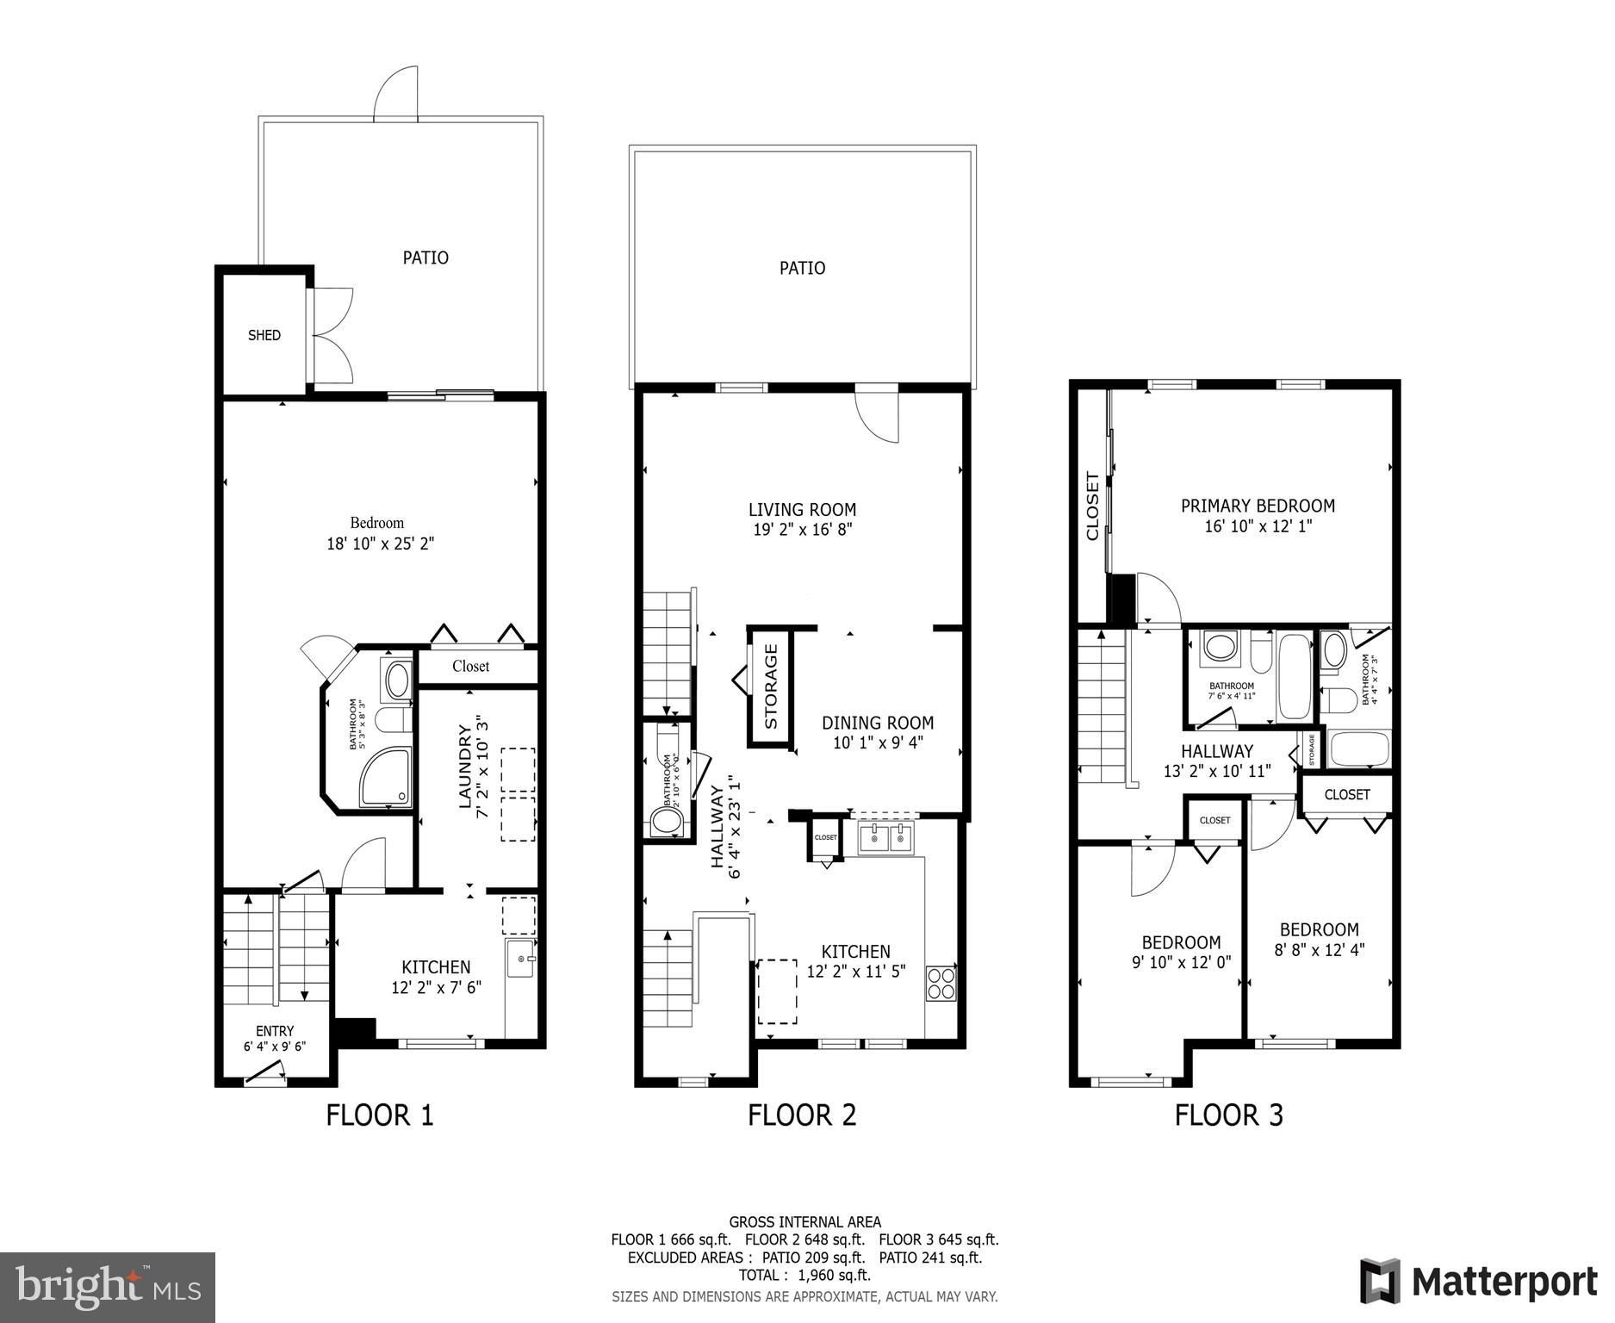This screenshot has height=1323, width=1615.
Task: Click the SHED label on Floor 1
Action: point(264,336)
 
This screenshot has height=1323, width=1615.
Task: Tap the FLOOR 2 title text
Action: point(802,1115)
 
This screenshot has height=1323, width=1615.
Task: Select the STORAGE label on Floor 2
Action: point(771,686)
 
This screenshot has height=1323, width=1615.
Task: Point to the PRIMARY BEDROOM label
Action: point(1258,506)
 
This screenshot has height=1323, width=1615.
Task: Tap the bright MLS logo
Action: point(108,1287)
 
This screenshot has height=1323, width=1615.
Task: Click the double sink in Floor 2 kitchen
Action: point(886,836)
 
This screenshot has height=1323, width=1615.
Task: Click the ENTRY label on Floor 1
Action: point(275,1031)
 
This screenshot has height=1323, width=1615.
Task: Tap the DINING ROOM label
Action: point(877,724)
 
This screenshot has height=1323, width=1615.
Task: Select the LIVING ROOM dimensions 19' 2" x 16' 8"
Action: point(802,530)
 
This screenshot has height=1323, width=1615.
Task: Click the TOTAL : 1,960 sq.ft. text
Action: point(804,1276)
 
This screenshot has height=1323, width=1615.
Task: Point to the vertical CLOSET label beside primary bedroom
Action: point(1093,506)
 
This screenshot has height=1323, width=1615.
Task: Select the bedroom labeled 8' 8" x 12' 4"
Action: point(1319,940)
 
